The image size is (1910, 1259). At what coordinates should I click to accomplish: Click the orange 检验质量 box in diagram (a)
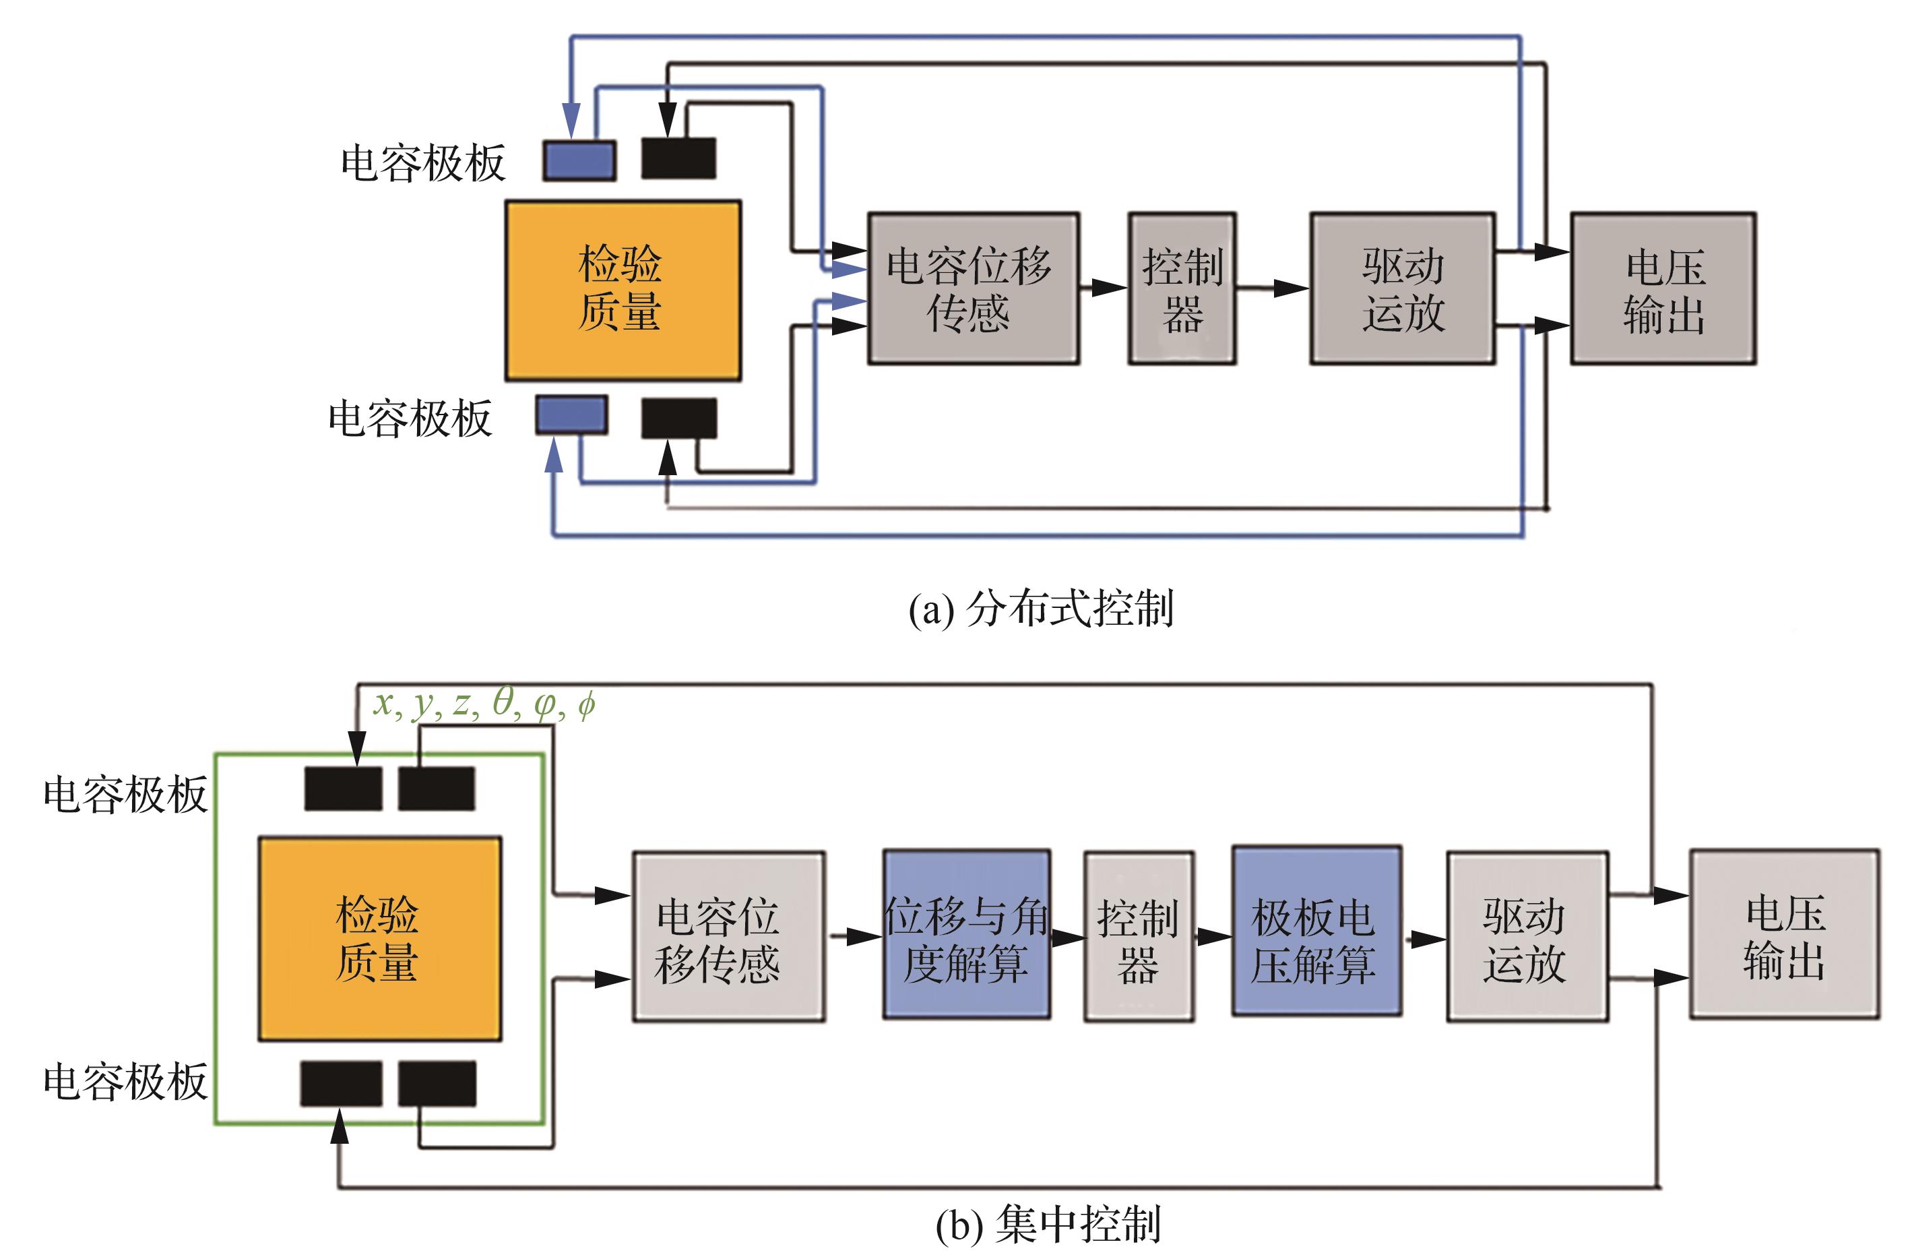coord(623,290)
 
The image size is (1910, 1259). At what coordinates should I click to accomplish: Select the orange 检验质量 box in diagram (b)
coord(379,939)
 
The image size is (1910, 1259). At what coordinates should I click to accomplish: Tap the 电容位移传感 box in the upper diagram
coord(973,288)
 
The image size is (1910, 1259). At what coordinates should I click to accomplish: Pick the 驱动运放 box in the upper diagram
coord(1402,288)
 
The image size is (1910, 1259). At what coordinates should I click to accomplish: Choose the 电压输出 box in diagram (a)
coord(1663,288)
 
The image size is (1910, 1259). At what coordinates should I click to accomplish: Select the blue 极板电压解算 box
coord(1316,932)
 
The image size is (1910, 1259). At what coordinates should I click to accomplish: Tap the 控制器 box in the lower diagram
coord(1138,937)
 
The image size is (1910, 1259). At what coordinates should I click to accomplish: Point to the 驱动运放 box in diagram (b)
coord(1527,937)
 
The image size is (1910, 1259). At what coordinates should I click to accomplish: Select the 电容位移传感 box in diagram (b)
coord(728,937)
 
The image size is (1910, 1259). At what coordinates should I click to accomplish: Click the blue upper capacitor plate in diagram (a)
coord(579,160)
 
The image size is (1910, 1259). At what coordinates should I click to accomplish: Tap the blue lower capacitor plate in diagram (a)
coord(571,415)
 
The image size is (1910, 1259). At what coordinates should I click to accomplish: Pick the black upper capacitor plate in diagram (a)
coord(678,158)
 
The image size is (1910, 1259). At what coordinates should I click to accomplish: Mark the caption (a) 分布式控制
coord(1041,609)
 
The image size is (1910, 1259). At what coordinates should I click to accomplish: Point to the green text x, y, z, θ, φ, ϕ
coord(484,704)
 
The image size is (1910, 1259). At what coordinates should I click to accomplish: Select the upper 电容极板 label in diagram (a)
coord(423,163)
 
